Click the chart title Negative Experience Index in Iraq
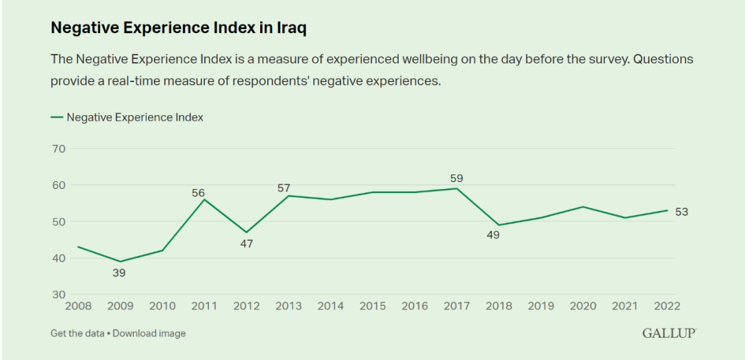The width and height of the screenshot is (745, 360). coord(178,28)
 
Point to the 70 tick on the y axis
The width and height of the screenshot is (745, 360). coord(58,149)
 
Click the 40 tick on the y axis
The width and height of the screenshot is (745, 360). coord(58,258)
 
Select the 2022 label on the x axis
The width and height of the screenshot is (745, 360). coord(667,306)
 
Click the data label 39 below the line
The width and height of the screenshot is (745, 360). coord(120,273)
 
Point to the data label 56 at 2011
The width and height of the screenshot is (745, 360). coord(199,193)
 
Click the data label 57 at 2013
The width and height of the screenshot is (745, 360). coord(284,188)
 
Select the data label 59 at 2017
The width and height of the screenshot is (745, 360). coord(456,179)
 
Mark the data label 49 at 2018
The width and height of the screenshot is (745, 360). coord(493,235)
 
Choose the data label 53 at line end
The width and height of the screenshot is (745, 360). coord(682,212)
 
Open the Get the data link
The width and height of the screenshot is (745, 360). coord(77,333)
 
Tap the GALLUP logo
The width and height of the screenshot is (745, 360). coord(669,333)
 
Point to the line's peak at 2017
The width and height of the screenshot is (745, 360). coord(456,188)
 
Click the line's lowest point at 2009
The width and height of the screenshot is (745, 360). coord(120,261)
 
